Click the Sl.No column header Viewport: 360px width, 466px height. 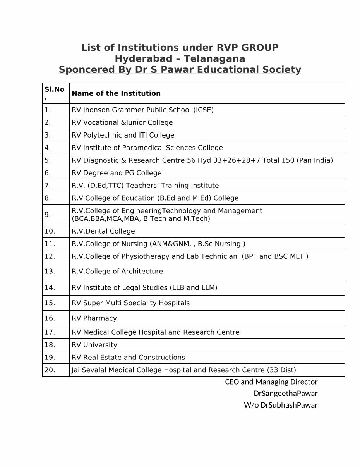tap(54, 93)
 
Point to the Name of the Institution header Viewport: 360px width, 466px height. tap(116, 93)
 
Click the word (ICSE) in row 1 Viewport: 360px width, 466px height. tap(203, 110)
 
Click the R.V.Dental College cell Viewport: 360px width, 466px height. tap(103, 231)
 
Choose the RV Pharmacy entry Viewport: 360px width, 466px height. tap(94, 318)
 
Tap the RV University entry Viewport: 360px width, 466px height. tap(94, 345)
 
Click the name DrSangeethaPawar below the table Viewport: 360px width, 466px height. tap(286, 394)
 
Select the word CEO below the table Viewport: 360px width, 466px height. tap(232, 382)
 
